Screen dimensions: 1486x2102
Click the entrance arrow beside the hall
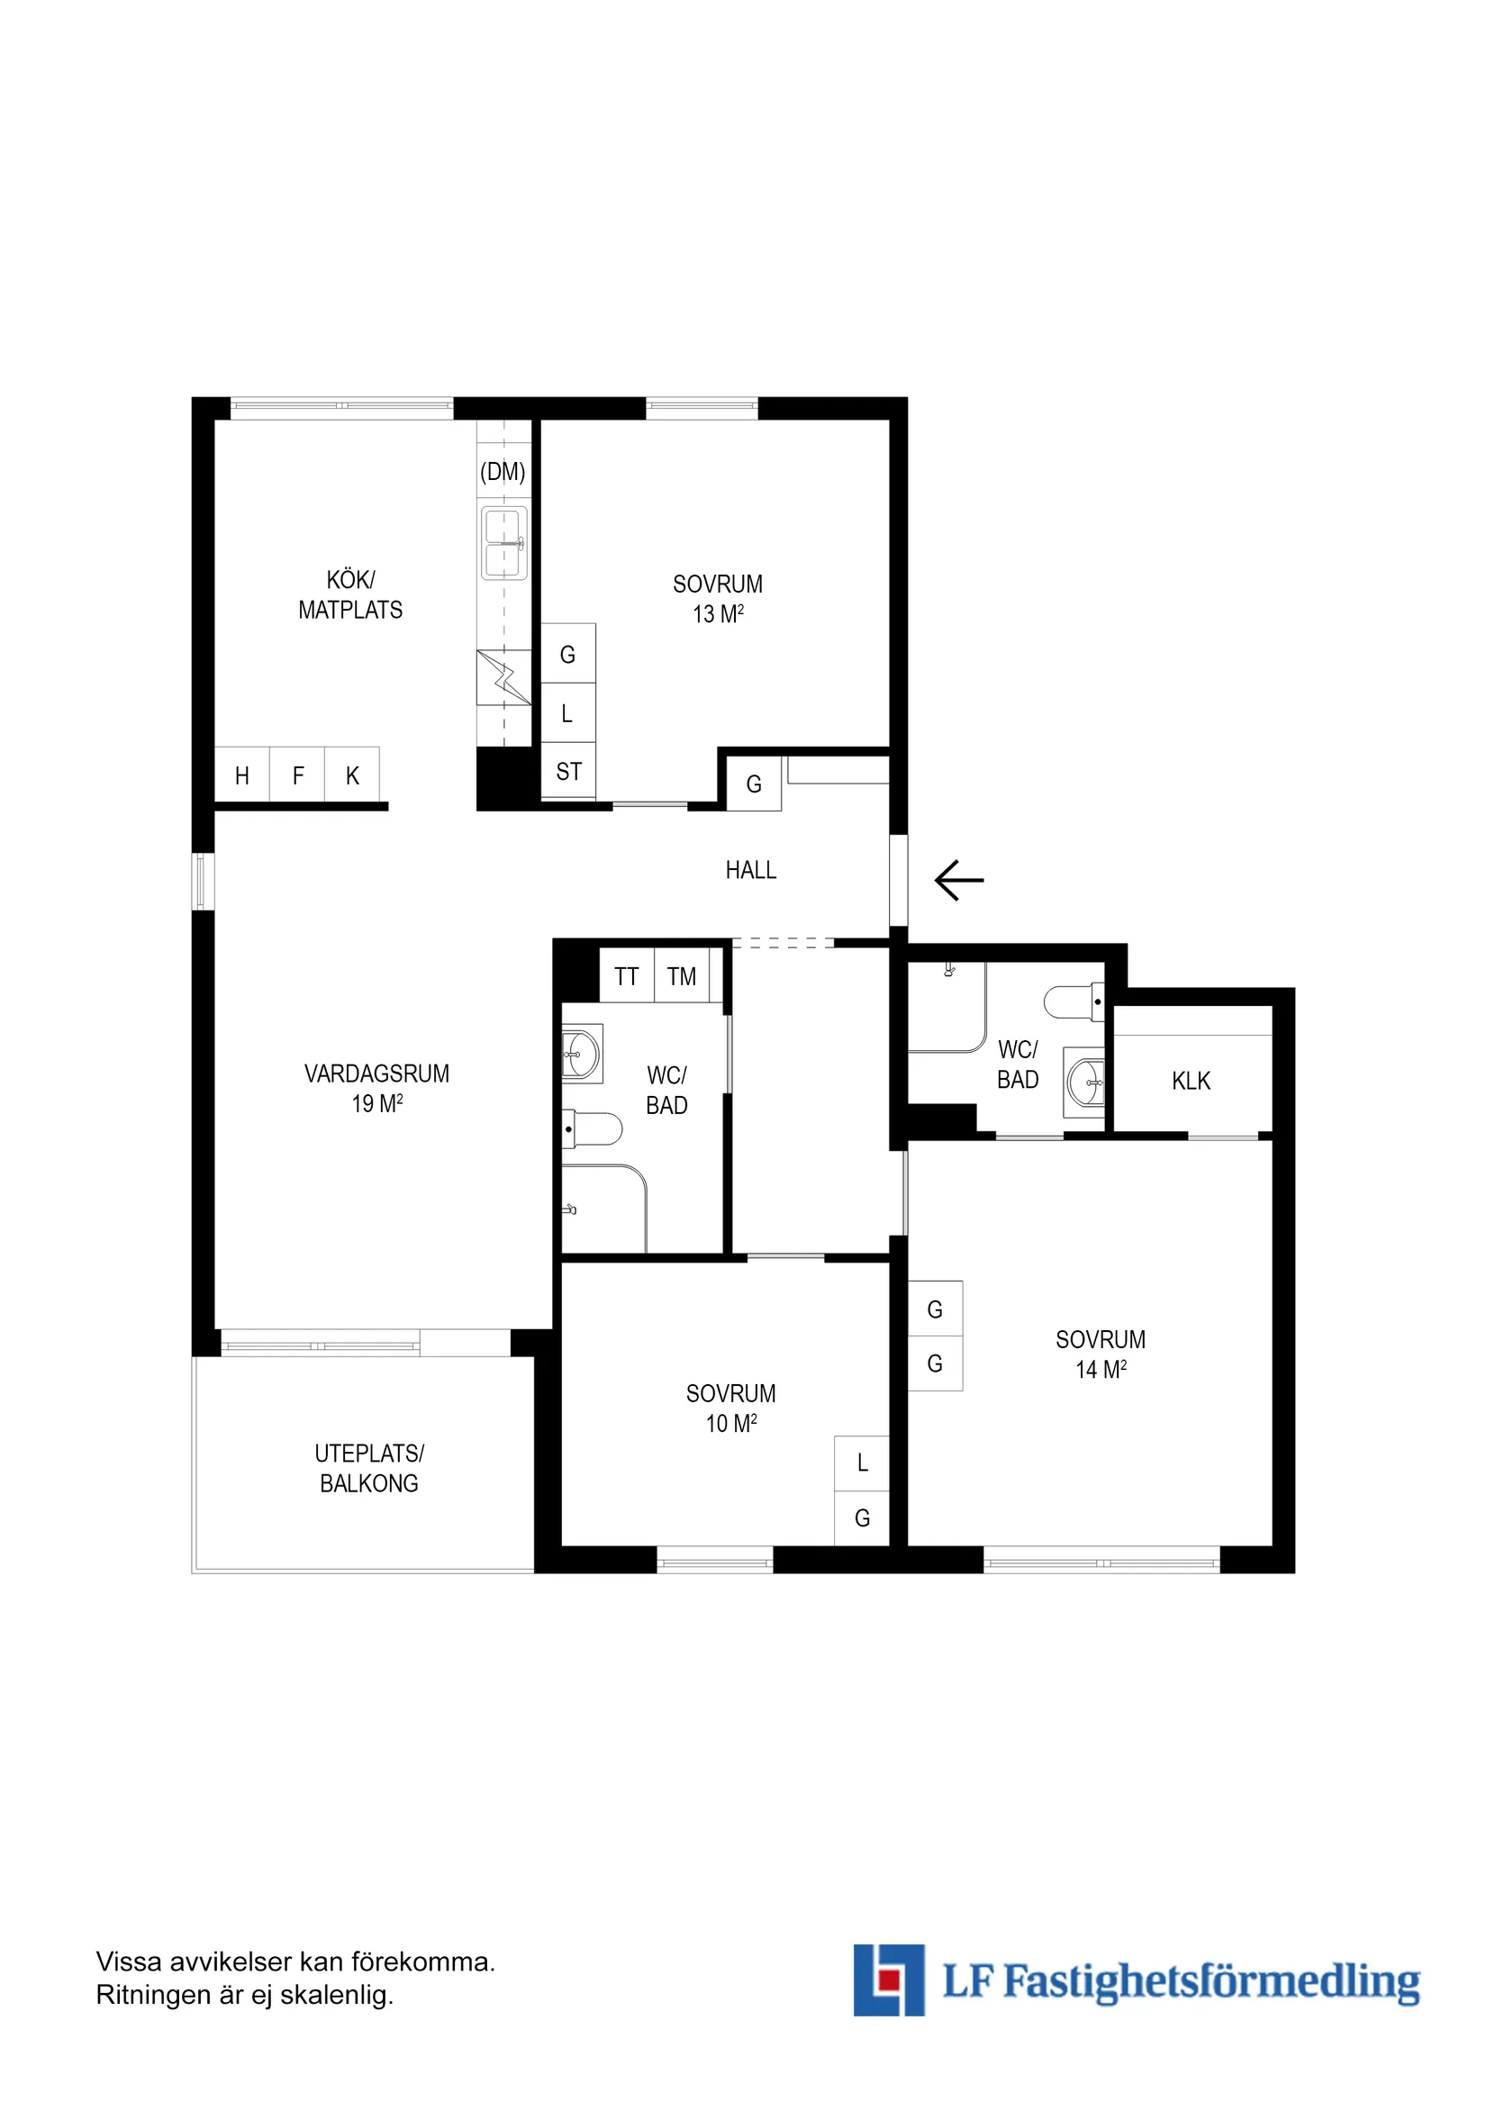click(x=958, y=880)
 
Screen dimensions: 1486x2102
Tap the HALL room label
click(x=751, y=871)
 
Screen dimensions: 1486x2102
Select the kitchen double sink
click(x=504, y=543)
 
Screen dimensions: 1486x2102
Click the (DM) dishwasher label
click(x=503, y=473)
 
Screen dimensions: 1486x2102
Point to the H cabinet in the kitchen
click(x=242, y=775)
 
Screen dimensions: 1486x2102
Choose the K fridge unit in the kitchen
click(x=352, y=775)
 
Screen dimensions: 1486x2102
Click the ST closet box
click(x=568, y=771)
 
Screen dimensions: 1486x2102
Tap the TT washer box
click(x=627, y=976)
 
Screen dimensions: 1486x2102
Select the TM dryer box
click(x=682, y=976)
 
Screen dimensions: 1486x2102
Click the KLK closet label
click(x=1192, y=1082)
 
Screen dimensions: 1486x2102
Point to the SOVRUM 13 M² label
click(x=718, y=599)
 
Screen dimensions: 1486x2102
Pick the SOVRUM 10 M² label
click(x=731, y=1409)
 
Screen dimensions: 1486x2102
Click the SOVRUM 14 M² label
click(x=1101, y=1354)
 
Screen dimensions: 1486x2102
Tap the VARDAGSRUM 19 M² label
click(x=377, y=1089)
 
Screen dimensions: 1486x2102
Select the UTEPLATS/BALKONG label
click(x=369, y=1469)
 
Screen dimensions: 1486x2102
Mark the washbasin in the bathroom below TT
click(x=583, y=1054)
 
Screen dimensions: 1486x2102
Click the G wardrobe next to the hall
click(x=754, y=784)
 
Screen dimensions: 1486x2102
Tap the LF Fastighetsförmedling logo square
click(x=888, y=1980)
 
